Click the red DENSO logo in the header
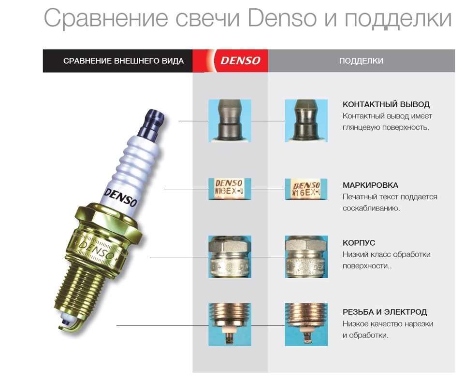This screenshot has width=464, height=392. click(x=240, y=61)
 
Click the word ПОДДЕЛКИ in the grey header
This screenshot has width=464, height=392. click(x=361, y=61)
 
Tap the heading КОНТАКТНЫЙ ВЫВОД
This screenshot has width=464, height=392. click(x=386, y=104)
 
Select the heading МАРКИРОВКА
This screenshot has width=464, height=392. click(x=371, y=185)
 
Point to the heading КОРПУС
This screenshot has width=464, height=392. click(x=359, y=243)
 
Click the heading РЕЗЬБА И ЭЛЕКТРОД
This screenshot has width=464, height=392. click(x=385, y=312)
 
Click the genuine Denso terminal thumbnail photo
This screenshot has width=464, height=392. click(x=230, y=121)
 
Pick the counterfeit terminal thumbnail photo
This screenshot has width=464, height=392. click(x=306, y=121)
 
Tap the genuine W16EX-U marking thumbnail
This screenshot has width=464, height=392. click(x=230, y=189)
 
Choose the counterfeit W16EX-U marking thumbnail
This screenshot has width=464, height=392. click(x=306, y=189)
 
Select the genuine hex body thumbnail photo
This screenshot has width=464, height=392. click(x=230, y=257)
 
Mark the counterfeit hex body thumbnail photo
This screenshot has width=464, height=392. click(x=306, y=257)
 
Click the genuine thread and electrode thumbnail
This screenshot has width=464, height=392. click(x=230, y=324)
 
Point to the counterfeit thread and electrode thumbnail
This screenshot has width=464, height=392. click(x=306, y=324)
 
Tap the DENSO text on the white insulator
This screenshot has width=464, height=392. click(x=121, y=197)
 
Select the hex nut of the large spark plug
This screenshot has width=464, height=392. click(x=108, y=219)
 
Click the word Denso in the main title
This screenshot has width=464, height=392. click(x=282, y=18)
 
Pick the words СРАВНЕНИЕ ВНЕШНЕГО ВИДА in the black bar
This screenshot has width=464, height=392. click(x=123, y=61)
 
